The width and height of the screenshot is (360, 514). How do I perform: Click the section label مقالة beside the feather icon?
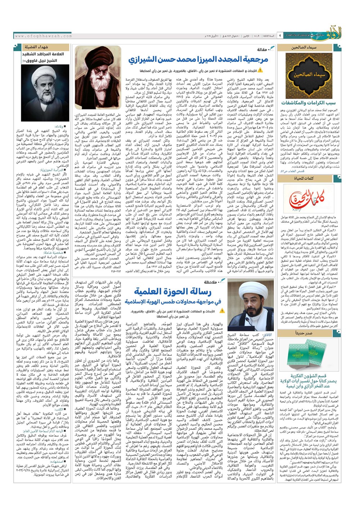(x=262, y=49)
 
